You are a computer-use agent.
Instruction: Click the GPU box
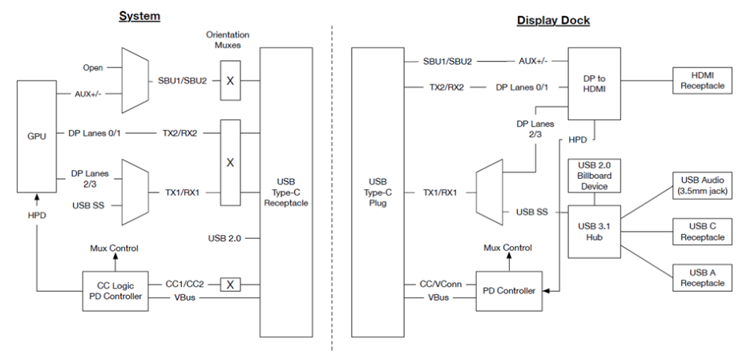pyautogui.click(x=36, y=136)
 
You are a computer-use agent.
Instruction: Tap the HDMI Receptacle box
pyautogui.click(x=702, y=80)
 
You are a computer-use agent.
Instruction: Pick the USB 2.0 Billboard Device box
pyautogui.click(x=595, y=175)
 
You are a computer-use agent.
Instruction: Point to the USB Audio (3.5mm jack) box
pyautogui.click(x=702, y=184)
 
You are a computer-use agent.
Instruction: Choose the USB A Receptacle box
pyautogui.click(x=702, y=277)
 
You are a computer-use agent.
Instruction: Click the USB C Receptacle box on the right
pyautogui.click(x=702, y=231)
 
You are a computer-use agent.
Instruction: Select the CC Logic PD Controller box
pyautogui.click(x=115, y=289)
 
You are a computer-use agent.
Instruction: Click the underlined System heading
pyautogui.click(x=139, y=16)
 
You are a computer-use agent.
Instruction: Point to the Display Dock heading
pyautogui.click(x=553, y=20)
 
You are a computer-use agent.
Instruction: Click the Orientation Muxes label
pyautogui.click(x=228, y=41)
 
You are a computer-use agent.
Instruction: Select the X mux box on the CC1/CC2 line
pyautogui.click(x=230, y=283)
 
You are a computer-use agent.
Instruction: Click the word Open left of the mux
pyautogui.click(x=93, y=67)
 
